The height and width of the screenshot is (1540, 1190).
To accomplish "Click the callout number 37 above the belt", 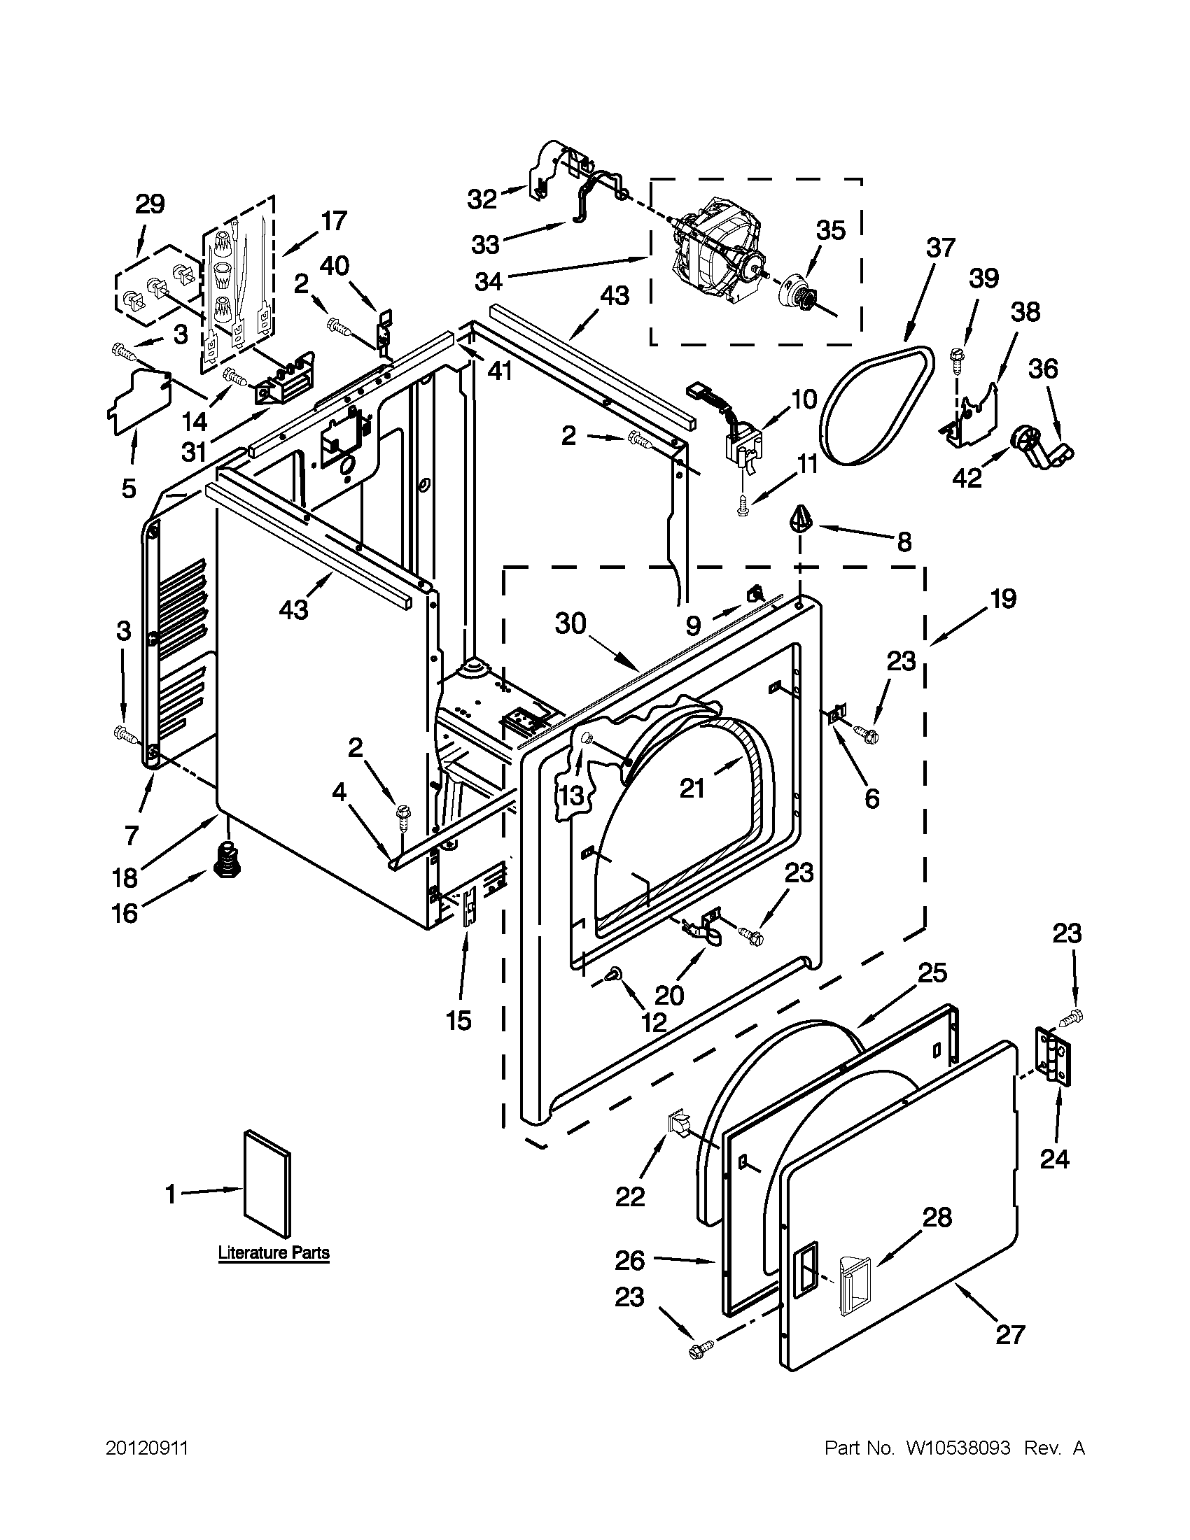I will click(941, 248).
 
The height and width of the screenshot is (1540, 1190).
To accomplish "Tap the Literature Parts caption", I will click(273, 1253).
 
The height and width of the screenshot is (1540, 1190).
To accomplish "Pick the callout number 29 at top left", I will click(150, 204).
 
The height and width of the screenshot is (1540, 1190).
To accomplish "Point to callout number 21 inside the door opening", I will click(692, 789).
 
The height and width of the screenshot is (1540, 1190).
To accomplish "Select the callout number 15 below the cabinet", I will click(459, 1019).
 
